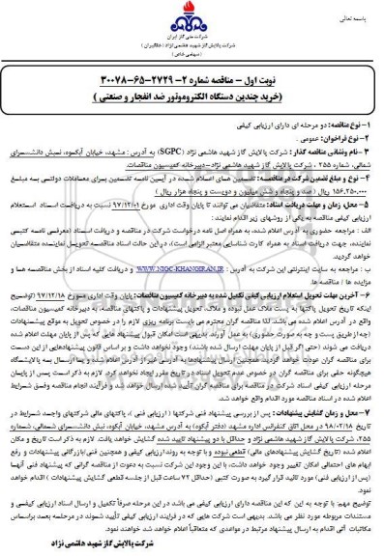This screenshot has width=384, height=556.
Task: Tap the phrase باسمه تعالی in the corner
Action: [x=354, y=17]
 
